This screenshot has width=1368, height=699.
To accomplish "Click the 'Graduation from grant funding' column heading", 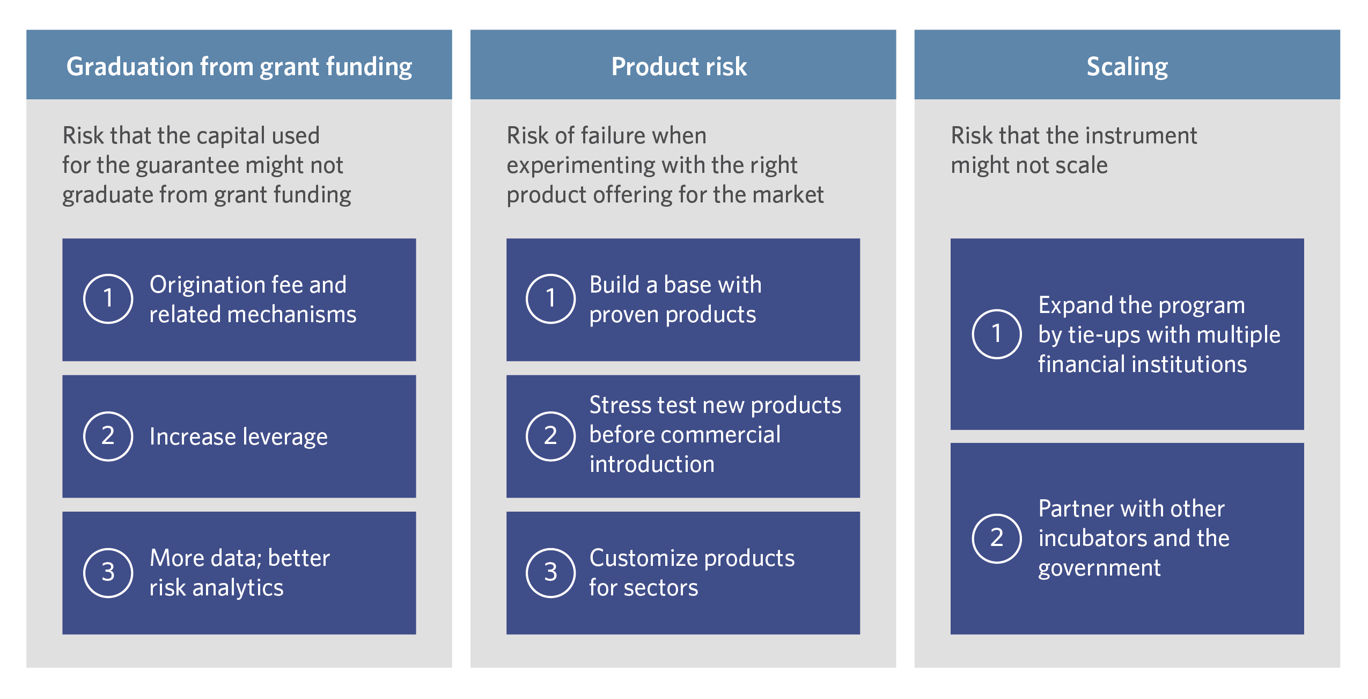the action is tap(239, 67).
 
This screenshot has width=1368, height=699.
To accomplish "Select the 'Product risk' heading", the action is tap(679, 67).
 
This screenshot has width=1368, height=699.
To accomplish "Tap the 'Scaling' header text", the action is tap(1127, 67).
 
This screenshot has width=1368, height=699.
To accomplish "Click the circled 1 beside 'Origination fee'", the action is tap(108, 298).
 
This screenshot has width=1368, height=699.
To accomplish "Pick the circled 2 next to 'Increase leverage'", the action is tap(108, 436).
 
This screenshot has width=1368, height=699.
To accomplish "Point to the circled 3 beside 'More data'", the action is tap(108, 573).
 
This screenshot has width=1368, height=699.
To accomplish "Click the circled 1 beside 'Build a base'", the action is tap(550, 298).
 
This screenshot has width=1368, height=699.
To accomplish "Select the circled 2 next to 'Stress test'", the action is tap(550, 436).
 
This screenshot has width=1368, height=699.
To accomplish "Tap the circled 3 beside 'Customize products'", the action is tap(550, 573).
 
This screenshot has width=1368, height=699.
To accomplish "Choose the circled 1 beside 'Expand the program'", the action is tap(996, 334).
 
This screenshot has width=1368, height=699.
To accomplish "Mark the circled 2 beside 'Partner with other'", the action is tap(996, 538).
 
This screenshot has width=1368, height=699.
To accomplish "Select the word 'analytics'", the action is tap(238, 588).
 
